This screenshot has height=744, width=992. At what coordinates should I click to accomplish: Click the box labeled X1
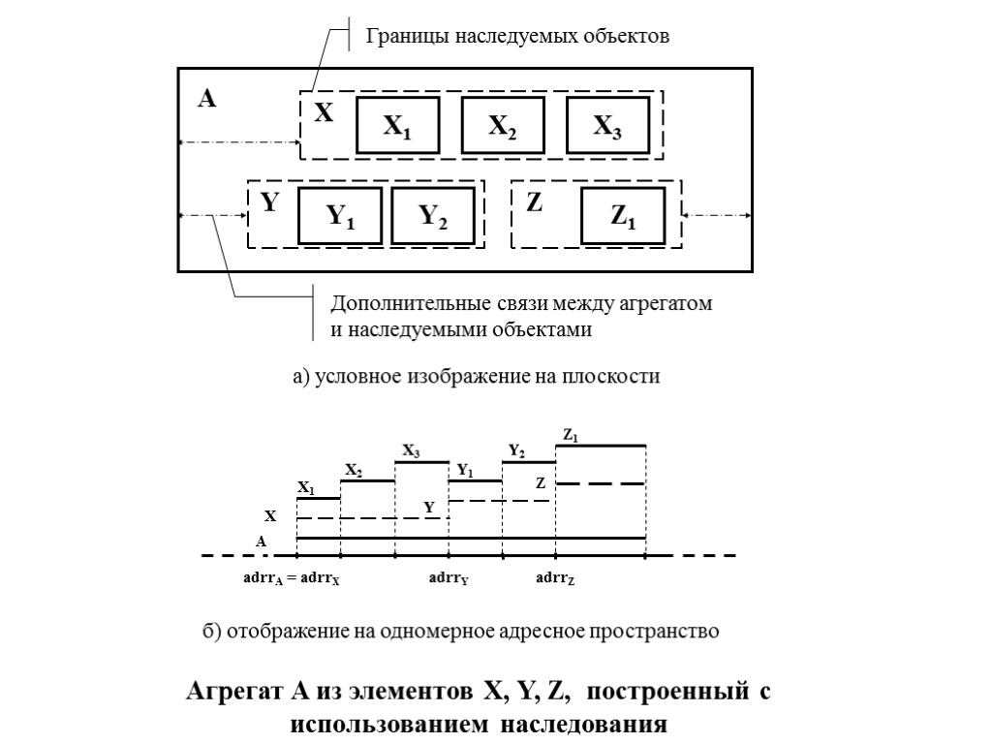click(x=397, y=126)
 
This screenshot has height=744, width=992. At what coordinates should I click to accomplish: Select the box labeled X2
click(x=502, y=126)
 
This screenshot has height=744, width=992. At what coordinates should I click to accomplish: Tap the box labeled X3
click(x=607, y=126)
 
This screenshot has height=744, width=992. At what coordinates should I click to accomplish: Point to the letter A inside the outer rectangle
click(x=206, y=98)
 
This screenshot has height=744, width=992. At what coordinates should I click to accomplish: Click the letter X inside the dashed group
click(x=324, y=114)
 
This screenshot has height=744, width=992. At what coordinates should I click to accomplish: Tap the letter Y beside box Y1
click(x=270, y=203)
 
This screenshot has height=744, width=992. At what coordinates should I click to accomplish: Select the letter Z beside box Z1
click(x=534, y=203)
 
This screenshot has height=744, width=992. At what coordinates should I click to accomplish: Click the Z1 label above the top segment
click(x=572, y=437)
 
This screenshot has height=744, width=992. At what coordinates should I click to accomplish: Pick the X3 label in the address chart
click(x=412, y=451)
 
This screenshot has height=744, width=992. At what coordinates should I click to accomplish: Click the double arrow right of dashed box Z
click(x=717, y=215)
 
